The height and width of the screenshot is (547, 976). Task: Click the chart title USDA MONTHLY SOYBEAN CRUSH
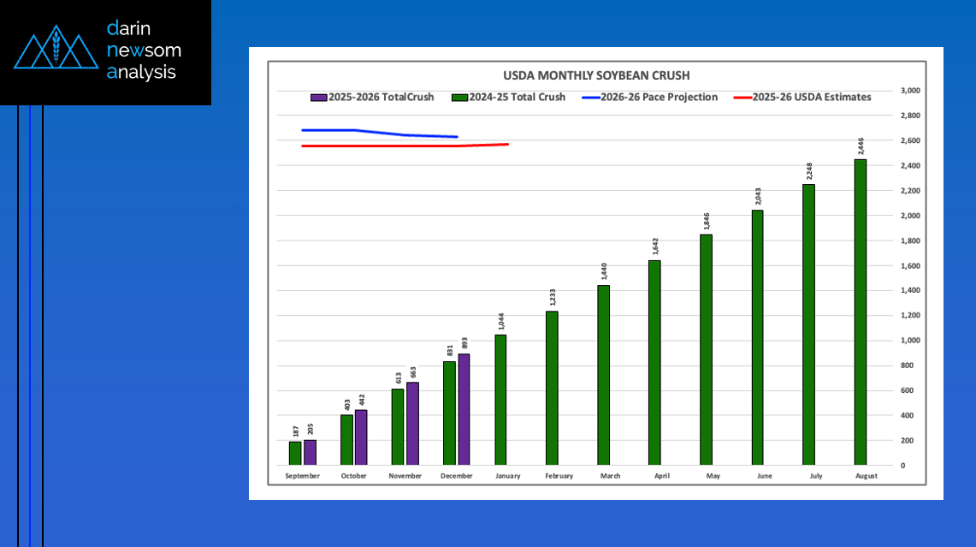click(595, 75)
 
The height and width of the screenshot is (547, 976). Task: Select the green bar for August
click(860, 312)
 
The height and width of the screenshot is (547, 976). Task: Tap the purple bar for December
click(464, 409)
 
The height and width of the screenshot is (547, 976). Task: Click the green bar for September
click(295, 453)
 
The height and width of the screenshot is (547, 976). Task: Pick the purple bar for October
click(361, 437)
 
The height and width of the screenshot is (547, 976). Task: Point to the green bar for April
click(654, 362)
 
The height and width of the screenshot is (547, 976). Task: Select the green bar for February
click(552, 388)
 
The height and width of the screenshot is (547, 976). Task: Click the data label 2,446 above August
click(860, 145)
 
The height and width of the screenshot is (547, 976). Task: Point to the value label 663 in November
click(412, 372)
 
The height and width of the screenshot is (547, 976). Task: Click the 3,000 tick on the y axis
click(908, 91)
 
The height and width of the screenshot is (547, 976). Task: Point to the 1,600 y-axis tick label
click(908, 265)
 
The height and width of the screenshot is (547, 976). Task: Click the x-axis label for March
click(610, 476)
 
